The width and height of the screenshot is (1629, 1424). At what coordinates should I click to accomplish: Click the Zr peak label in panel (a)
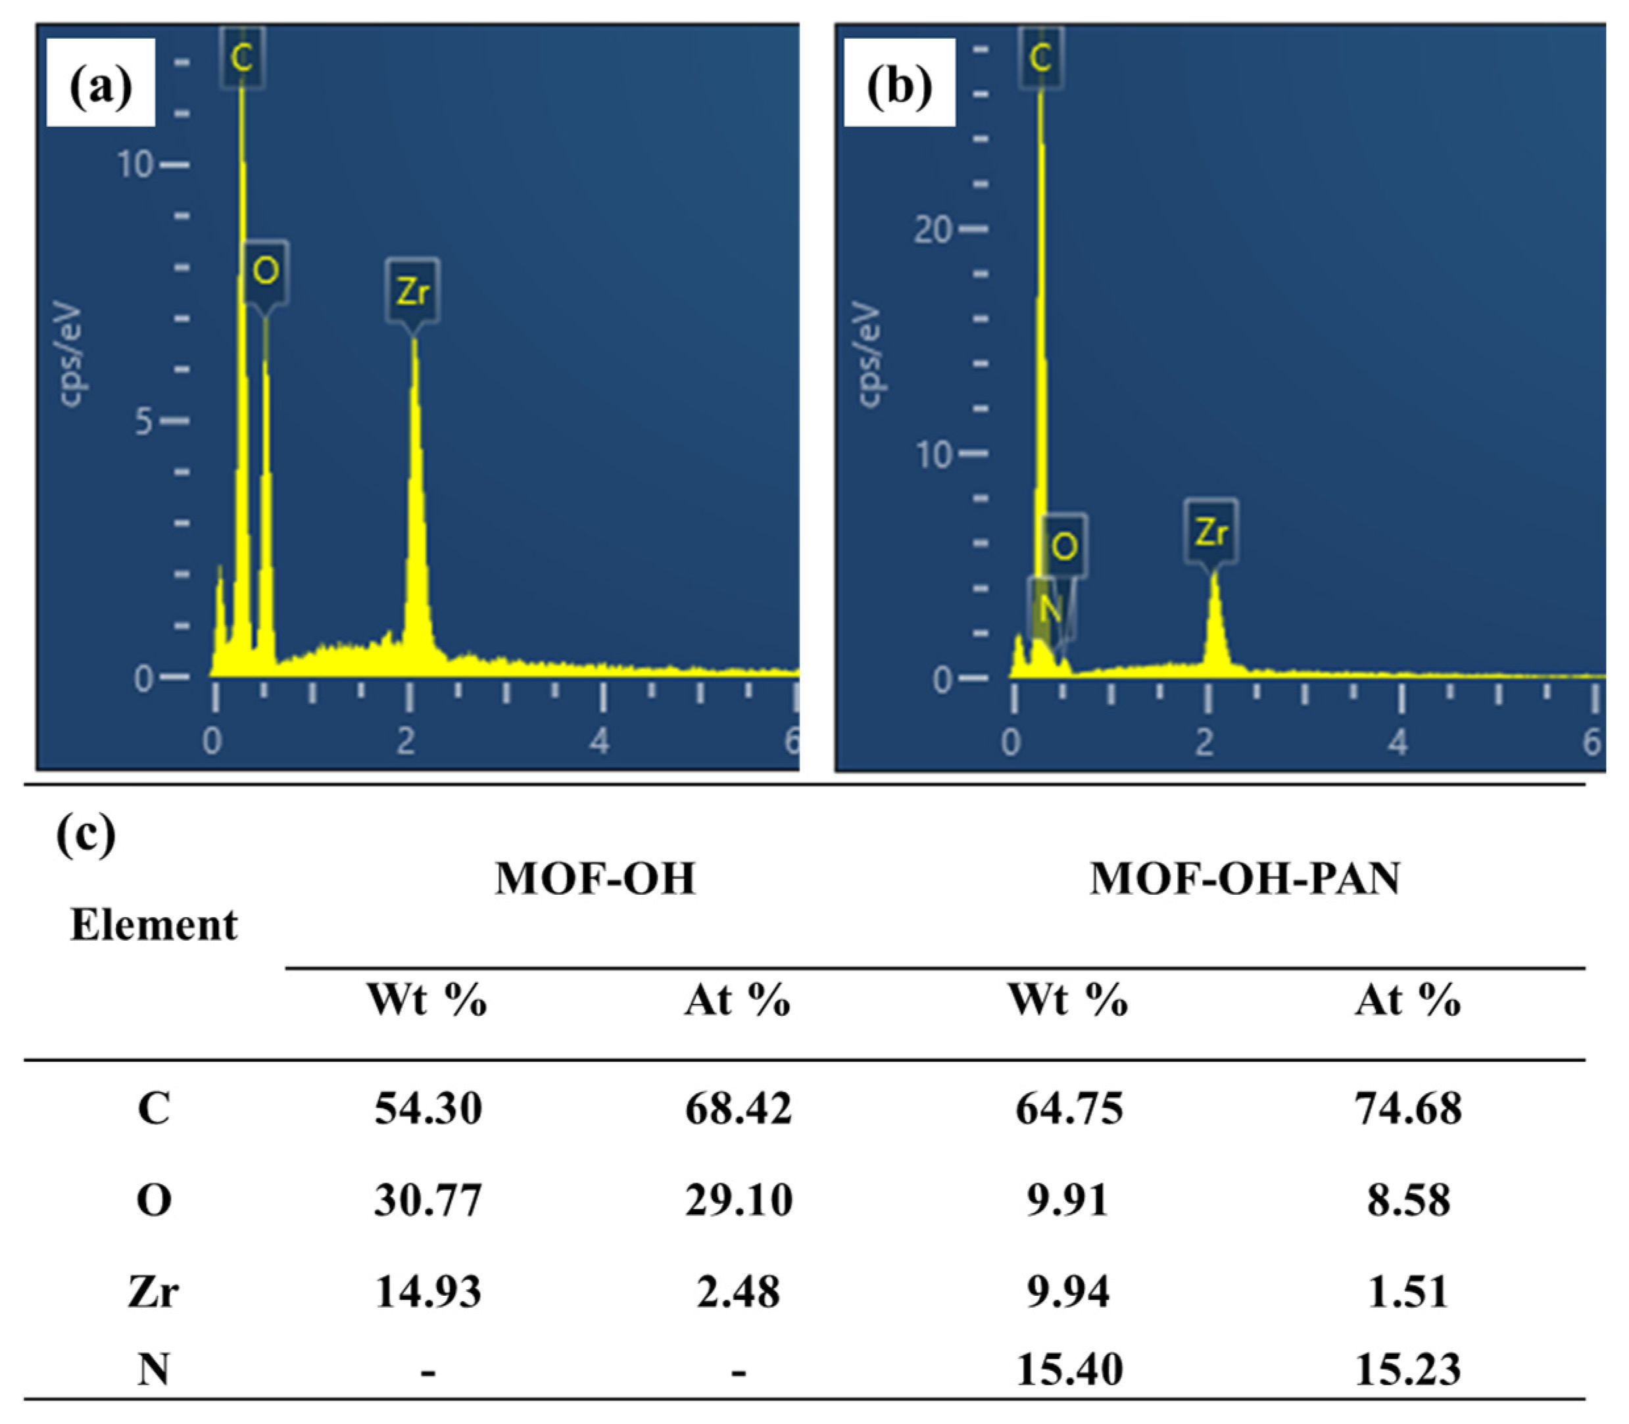(x=412, y=291)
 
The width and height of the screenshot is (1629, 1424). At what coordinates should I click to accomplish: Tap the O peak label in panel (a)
(x=266, y=271)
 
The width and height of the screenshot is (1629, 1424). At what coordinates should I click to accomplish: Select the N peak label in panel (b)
(x=1050, y=608)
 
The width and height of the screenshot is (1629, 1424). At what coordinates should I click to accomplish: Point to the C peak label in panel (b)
(x=1040, y=57)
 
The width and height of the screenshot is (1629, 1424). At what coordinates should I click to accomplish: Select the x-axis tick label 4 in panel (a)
(x=599, y=741)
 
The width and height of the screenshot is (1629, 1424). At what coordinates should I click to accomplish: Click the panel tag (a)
(x=101, y=85)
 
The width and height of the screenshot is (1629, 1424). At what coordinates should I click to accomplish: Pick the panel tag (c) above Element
(x=86, y=834)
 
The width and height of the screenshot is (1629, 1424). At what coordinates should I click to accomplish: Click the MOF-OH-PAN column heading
(x=1245, y=879)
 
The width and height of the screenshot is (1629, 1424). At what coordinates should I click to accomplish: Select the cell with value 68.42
(x=739, y=1108)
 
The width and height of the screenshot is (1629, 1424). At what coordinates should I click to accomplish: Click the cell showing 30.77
(x=429, y=1199)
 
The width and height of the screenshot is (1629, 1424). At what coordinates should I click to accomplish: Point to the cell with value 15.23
(x=1408, y=1369)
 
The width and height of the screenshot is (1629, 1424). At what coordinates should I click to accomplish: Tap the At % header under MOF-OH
(x=738, y=1000)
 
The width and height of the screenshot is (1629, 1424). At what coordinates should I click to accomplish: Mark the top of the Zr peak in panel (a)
(x=414, y=340)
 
